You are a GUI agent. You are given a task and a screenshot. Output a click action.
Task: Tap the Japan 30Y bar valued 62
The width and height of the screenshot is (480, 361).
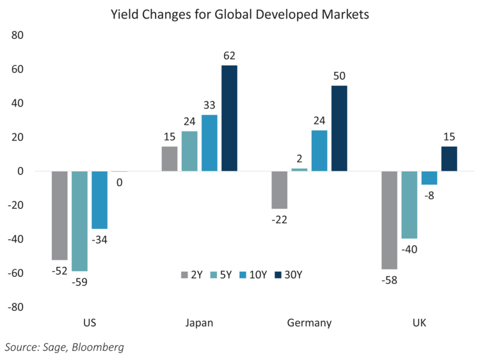[229, 118]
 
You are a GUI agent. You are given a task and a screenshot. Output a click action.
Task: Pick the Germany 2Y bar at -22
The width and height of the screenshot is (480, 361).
[279, 190]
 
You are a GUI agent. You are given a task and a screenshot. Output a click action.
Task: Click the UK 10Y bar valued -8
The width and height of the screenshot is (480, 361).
[429, 178]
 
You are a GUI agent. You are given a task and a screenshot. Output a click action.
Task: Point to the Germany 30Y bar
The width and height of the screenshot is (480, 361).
[339, 128]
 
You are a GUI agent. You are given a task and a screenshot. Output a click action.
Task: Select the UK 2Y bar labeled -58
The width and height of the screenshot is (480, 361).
[389, 220]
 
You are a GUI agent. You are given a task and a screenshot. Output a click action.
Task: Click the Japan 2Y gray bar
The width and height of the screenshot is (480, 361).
[170, 158]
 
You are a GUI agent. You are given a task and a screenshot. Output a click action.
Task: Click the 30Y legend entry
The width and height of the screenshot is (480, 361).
[287, 274]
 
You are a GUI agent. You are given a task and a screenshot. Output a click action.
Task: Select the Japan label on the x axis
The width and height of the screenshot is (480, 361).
[198, 323]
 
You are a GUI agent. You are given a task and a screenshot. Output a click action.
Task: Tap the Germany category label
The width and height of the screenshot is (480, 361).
[310, 323]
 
